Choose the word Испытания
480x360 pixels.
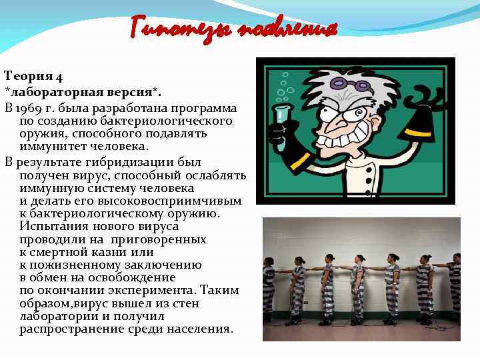coord(51,227)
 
